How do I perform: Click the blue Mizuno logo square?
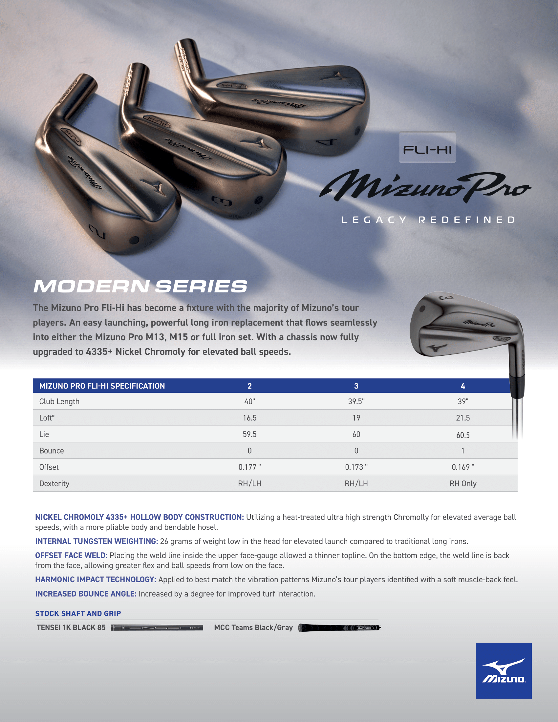pos(504,670)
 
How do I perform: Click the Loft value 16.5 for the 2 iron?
pos(249,418)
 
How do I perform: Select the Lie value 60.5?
pos(463,435)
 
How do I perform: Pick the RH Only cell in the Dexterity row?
pos(463,484)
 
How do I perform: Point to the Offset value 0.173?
pos(356,467)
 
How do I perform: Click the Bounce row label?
pos(52,451)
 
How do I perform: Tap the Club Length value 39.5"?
pos(356,401)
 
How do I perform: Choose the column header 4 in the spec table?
pos(463,386)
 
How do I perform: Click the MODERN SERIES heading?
pos(140,286)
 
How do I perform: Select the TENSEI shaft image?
pos(157,627)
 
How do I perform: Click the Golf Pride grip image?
pos(339,627)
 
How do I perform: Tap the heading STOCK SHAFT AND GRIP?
pos(78,613)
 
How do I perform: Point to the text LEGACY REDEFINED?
pos(428,220)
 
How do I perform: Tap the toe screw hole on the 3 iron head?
pos(259,200)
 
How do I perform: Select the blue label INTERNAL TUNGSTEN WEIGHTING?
pos(97,541)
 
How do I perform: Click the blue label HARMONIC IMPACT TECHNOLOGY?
pos(96,580)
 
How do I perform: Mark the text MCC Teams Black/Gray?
pos(253,627)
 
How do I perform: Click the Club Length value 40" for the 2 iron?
pos(249,401)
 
